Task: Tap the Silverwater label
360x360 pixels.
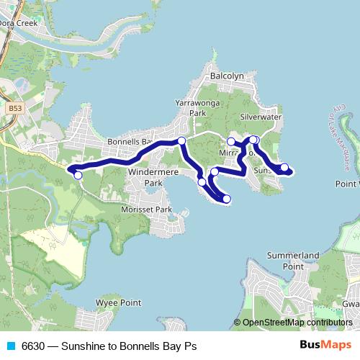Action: coord(260,117)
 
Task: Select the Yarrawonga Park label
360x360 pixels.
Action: coord(192,108)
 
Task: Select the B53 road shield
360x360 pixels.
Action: coord(15,107)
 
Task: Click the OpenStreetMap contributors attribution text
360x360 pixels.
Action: coord(297,323)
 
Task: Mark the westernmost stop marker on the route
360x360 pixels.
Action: coord(78,175)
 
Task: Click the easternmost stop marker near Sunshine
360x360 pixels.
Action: coord(284,168)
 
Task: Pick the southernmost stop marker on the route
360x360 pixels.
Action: coord(226,199)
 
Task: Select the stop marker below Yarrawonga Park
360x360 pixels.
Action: coord(181,140)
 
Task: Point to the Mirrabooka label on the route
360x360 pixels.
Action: coord(238,153)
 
